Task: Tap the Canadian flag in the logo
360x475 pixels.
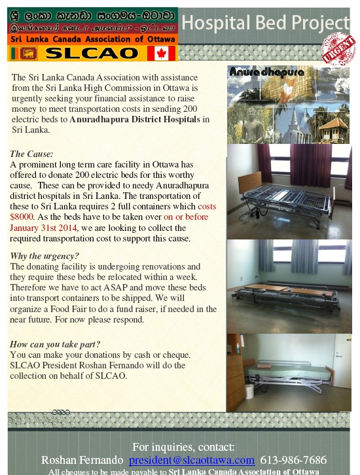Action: pyautogui.click(x=161, y=52)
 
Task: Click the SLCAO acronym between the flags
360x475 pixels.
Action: pyautogui.click(x=92, y=53)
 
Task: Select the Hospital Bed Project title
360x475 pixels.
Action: pyautogui.click(x=265, y=23)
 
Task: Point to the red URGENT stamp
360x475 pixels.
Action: pyautogui.click(x=338, y=49)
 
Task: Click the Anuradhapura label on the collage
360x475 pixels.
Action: pyautogui.click(x=258, y=71)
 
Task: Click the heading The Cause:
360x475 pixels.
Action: pyautogui.click(x=31, y=154)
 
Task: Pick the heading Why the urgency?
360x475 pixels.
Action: pyautogui.click(x=45, y=256)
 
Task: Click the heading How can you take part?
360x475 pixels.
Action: pyautogui.click(x=55, y=344)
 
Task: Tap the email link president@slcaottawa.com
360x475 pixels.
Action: pyautogui.click(x=191, y=460)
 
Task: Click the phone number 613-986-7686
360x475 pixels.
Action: pyautogui.click(x=293, y=460)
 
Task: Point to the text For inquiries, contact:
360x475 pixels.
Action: pyautogui.click(x=179, y=447)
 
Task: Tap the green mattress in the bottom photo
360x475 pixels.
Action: pyautogui.click(x=288, y=370)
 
